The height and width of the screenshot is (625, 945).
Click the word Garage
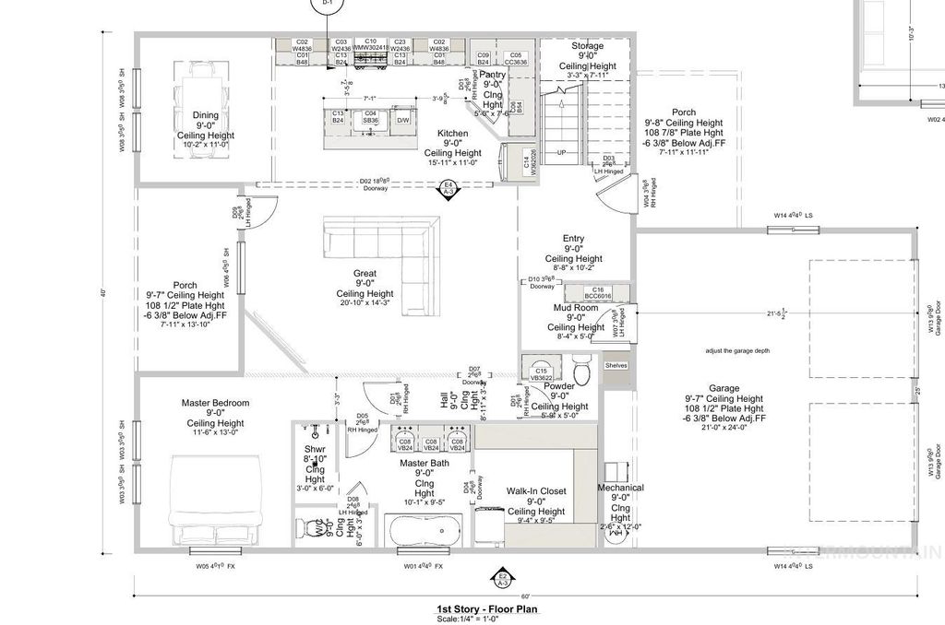(x=724, y=388)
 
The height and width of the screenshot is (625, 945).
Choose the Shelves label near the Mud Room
(x=616, y=365)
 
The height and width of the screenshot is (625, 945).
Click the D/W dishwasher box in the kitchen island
(x=403, y=120)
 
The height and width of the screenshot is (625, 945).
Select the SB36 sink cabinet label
(x=369, y=120)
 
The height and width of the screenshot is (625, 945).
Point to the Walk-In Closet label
(x=535, y=491)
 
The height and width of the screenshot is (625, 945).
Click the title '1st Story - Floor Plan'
(x=487, y=608)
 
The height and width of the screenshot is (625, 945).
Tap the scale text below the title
(x=487, y=619)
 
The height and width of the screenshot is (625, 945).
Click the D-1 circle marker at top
(x=325, y=6)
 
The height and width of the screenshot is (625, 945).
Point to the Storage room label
(x=587, y=46)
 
